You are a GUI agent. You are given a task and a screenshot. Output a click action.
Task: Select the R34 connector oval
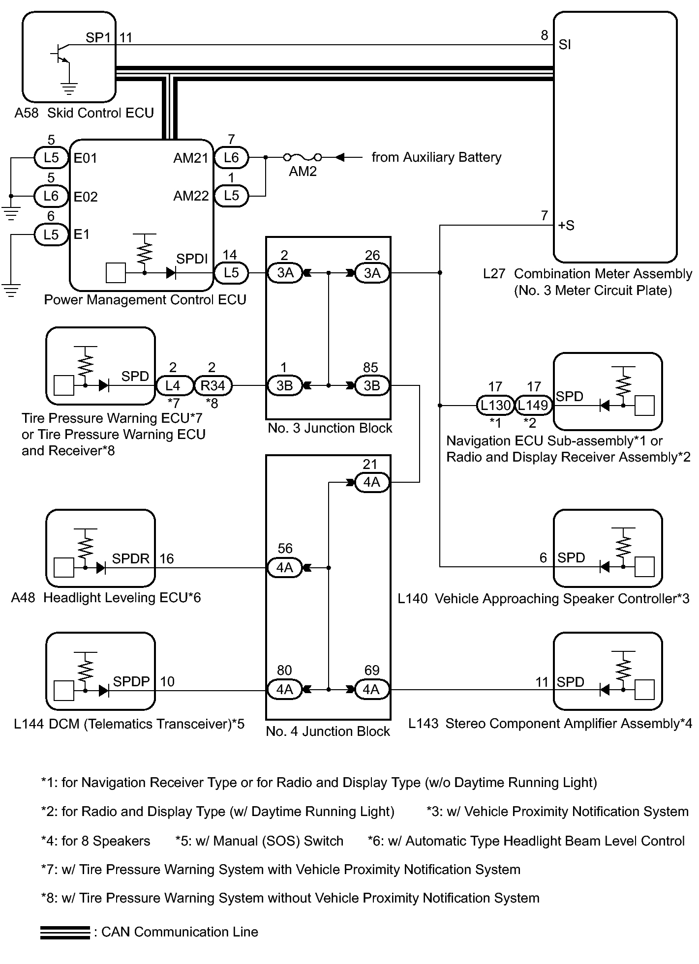(213, 385)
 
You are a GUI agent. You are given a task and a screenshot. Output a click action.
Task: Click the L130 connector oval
(495, 406)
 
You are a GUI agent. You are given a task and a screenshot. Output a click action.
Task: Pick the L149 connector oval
(533, 406)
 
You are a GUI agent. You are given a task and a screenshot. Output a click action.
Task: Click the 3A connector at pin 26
(372, 273)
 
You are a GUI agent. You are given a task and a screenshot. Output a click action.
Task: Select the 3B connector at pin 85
(372, 385)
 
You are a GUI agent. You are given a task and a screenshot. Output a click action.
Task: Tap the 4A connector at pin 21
(371, 482)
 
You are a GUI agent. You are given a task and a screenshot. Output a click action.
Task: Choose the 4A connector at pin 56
(285, 568)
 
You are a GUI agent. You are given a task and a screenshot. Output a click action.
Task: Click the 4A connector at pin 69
(371, 690)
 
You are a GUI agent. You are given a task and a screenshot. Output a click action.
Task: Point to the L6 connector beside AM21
(231, 158)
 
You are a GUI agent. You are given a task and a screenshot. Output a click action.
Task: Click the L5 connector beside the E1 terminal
(51, 234)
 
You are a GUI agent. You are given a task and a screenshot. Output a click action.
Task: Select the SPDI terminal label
(192, 259)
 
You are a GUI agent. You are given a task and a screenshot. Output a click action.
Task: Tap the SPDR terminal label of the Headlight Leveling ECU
(130, 558)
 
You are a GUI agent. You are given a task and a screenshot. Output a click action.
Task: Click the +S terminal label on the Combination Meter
(566, 226)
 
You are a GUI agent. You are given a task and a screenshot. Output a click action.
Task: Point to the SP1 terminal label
(98, 38)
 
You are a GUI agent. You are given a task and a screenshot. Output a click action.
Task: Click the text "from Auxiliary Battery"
(436, 157)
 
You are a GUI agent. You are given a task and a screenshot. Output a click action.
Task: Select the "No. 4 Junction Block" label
(328, 731)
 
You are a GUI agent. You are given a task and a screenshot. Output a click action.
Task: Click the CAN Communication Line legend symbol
(65, 933)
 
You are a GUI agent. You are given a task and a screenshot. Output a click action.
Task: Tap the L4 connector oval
(173, 385)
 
